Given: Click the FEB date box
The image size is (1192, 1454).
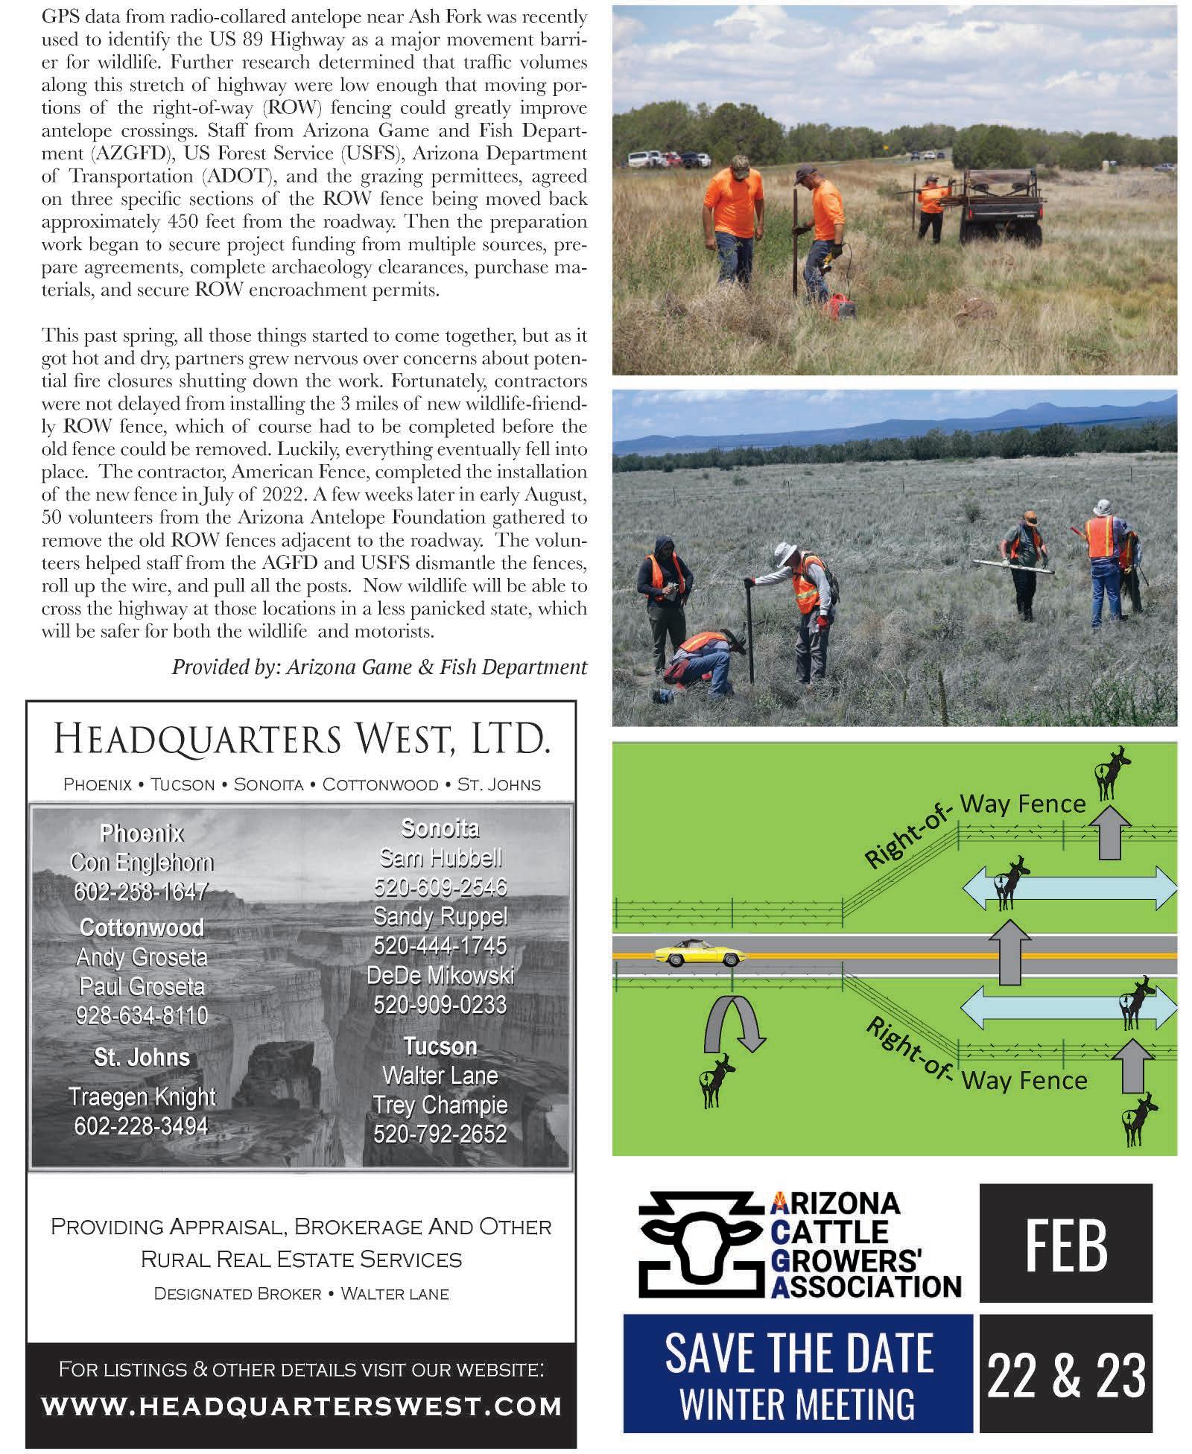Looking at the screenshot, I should (x=1065, y=1245).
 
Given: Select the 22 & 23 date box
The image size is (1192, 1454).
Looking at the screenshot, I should (x=1065, y=1377).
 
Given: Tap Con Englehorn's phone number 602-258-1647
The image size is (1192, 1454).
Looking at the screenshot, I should (x=141, y=892).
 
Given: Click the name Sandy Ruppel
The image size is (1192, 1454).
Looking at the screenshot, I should (x=440, y=915).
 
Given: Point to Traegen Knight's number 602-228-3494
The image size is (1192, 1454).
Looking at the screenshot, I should (x=141, y=1126).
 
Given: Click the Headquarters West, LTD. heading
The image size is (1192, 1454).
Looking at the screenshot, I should (x=301, y=740).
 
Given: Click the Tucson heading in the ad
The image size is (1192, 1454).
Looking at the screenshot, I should (x=440, y=1046).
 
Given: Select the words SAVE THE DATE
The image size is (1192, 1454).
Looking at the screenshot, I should (x=799, y=1353).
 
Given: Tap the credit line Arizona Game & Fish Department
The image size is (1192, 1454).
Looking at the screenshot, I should (x=380, y=667).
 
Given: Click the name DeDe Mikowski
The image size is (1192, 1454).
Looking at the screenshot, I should (x=440, y=975).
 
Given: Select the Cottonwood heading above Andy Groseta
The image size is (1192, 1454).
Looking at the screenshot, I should (x=142, y=927).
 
